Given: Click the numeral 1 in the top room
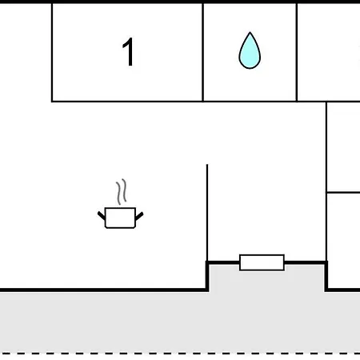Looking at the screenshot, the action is (129, 51).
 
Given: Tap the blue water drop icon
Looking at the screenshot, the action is (250, 50).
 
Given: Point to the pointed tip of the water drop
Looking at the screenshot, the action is (250, 32).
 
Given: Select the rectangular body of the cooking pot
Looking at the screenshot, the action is (120, 218).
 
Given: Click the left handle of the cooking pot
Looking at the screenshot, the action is (102, 215).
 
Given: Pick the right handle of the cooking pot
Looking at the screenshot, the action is (139, 216).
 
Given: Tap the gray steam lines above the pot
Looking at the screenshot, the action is (121, 191).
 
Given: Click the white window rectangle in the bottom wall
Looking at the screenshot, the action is (262, 262).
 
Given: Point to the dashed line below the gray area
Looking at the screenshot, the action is (180, 354).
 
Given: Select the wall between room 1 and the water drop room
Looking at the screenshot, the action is (203, 52).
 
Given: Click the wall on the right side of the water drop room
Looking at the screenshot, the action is (297, 52).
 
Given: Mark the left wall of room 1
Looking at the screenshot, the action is (52, 52).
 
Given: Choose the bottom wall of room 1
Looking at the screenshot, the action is (127, 102).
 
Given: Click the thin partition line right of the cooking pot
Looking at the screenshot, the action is (207, 213).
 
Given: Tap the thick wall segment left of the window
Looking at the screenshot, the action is (223, 263).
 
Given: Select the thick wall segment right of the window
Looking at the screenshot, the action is (306, 263).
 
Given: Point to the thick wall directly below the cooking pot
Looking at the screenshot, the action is (104, 290).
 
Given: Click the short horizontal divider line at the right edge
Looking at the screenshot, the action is (343, 192).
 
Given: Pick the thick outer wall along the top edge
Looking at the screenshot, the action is (180, 2).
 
